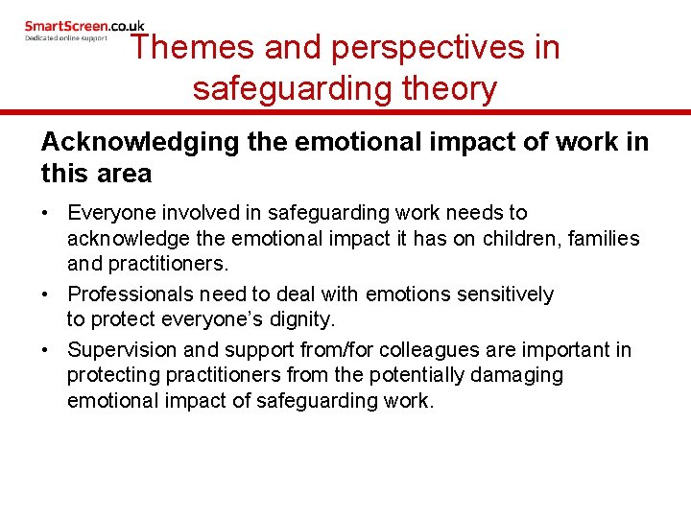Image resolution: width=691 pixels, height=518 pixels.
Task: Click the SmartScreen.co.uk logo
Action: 84,26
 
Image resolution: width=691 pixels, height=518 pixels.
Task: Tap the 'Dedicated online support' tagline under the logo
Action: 65,37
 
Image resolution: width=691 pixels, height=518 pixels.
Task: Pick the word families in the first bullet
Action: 606,238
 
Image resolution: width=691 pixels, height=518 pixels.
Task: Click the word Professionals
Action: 129,294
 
